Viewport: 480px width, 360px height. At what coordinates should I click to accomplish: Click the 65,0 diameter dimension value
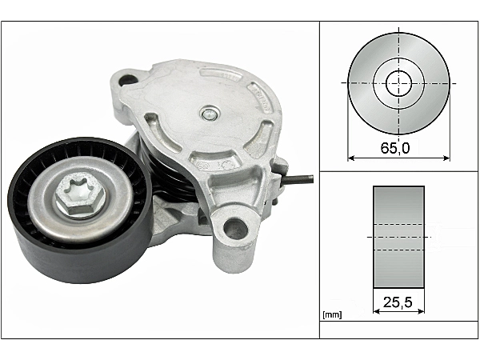395,148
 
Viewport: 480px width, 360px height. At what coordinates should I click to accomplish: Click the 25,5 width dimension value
398,302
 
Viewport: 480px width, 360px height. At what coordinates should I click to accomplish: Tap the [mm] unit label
332,314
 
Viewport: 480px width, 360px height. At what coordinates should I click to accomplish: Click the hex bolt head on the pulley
80,195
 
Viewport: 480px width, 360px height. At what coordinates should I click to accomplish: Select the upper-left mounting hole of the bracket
128,80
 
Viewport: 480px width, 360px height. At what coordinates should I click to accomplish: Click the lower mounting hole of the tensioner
235,229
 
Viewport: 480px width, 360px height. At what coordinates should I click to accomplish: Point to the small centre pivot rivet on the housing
210,114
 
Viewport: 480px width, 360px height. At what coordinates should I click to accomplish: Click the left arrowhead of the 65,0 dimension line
351,158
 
